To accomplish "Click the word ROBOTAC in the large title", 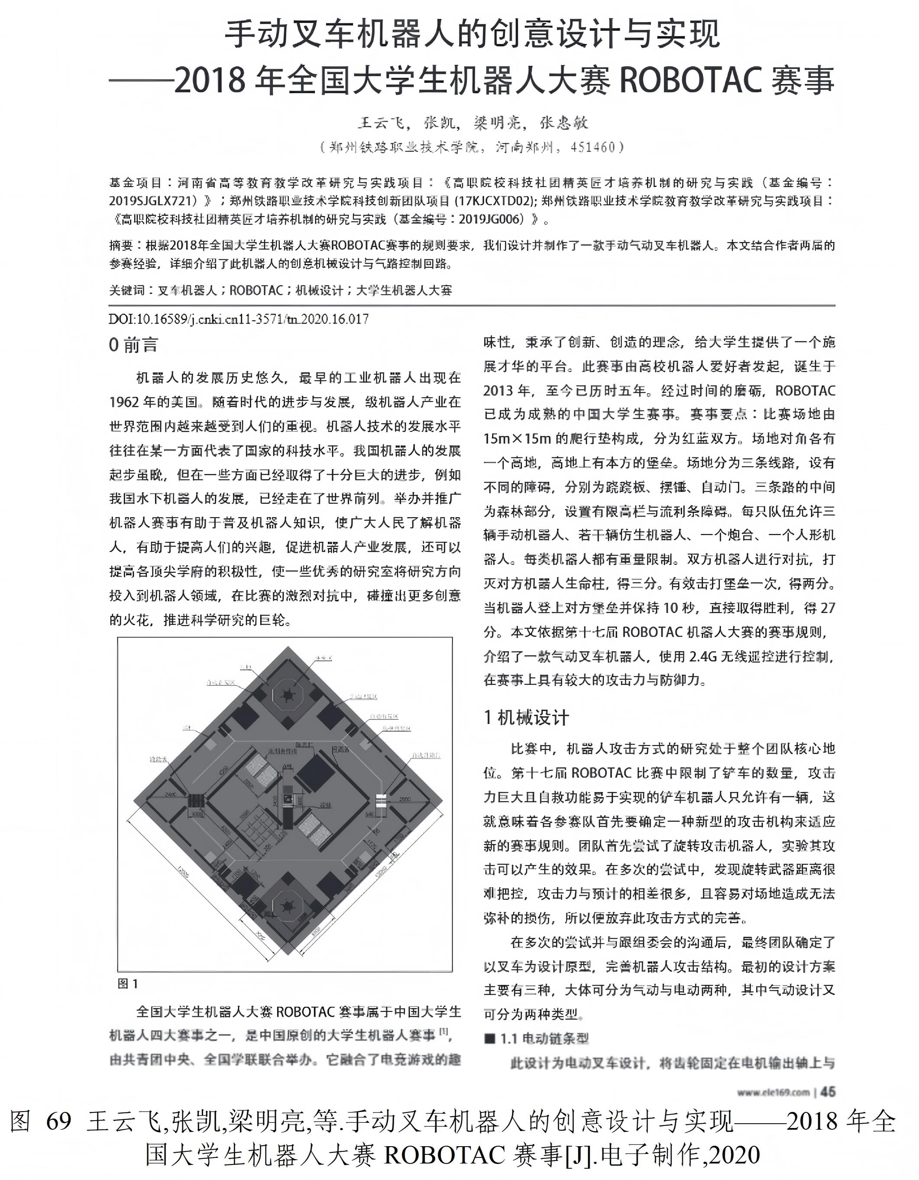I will coord(690,80).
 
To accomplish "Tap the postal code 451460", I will coord(593,147).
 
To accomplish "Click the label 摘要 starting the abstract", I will coord(121,246).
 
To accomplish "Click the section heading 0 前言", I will coord(133,345).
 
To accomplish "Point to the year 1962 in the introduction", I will coord(124,402).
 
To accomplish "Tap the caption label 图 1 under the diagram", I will coord(128,984).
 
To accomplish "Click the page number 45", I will coord(828,1092).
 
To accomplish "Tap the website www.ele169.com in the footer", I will coord(773,1092).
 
